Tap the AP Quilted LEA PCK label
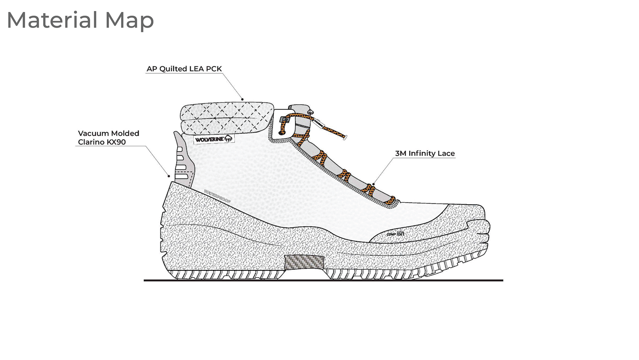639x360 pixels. pyautogui.click(x=184, y=69)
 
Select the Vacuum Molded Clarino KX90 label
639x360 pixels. pyautogui.click(x=108, y=138)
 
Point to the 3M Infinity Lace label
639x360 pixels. pyautogui.click(x=425, y=154)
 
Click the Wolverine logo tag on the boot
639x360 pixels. pyautogui.click(x=214, y=139)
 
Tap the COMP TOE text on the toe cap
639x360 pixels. pyautogui.click(x=395, y=234)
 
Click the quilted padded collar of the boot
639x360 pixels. pyautogui.click(x=226, y=118)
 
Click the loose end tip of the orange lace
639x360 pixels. pyautogui.click(x=345, y=137)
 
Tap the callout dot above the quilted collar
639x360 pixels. pyautogui.click(x=243, y=99)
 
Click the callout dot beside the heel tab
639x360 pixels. pyautogui.click(x=169, y=176)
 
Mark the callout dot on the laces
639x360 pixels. pyautogui.click(x=373, y=184)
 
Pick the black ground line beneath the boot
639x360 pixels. pyautogui.click(x=323, y=280)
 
